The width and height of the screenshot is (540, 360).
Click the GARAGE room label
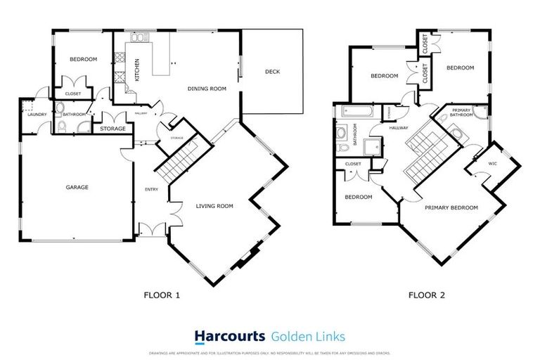tap(77, 188)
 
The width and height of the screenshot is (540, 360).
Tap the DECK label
tap(273, 71)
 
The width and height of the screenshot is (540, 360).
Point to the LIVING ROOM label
tap(214, 206)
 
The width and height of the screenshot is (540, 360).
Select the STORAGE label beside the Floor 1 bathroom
tap(112, 129)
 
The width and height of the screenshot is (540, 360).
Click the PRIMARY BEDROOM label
tap(451, 207)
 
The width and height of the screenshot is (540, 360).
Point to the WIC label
tap(492, 165)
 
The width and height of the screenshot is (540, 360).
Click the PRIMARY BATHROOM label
tap(461, 113)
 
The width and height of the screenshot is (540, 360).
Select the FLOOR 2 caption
tap(427, 295)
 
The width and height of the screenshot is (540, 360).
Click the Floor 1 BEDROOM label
tap(82, 59)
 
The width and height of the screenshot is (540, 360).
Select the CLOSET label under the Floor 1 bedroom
tap(72, 94)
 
